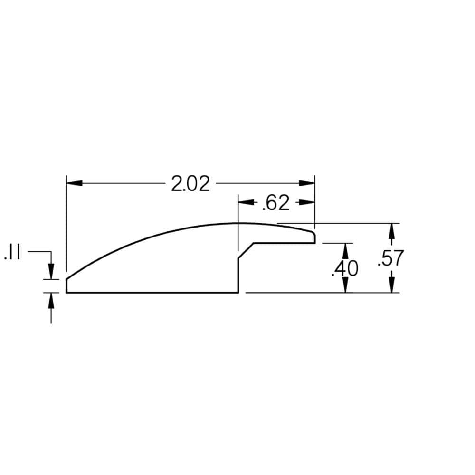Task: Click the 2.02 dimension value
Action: point(190,184)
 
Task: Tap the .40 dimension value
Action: point(344,268)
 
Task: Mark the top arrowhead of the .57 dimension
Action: point(392,231)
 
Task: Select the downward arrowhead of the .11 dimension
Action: point(51,271)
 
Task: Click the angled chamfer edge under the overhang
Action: point(246,250)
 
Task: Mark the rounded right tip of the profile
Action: point(314,236)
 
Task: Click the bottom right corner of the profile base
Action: point(238,293)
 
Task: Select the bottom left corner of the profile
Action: point(66,293)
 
